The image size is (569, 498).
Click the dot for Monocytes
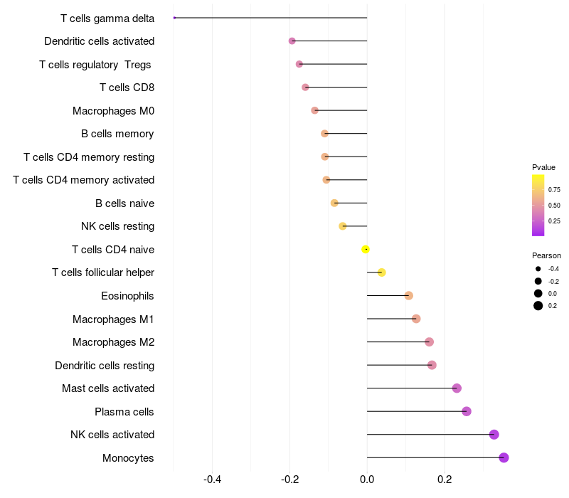point(504,457)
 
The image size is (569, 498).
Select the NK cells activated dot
point(494,435)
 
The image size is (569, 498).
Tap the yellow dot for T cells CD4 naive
point(366,249)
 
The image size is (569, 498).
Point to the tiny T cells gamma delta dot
point(174,18)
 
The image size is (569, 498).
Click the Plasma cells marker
point(467,411)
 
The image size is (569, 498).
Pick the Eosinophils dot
point(408,295)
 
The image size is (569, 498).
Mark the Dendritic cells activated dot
point(292,41)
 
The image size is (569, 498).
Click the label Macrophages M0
point(113,111)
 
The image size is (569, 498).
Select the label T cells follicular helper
point(103,272)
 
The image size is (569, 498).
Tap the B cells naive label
point(124,203)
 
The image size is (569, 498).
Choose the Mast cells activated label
point(108,388)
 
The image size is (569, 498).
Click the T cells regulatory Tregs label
point(96,65)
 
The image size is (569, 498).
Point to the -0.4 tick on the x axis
point(212,480)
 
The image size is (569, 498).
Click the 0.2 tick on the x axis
point(445,480)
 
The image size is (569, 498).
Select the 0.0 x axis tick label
point(367,480)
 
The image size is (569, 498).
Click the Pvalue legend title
point(543,167)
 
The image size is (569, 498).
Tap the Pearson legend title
point(546,255)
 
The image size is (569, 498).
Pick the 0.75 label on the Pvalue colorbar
point(554,190)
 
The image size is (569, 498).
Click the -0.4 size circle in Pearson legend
point(538,269)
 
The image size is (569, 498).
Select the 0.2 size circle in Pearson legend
point(538,306)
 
